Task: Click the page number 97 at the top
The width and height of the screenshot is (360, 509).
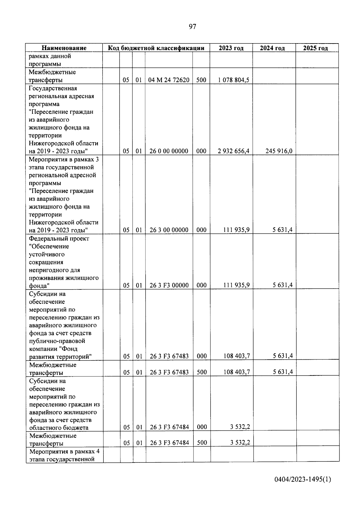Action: tap(192, 27)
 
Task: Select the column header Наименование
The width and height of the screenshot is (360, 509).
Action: tap(64, 48)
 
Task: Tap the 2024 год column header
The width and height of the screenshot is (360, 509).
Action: tap(272, 48)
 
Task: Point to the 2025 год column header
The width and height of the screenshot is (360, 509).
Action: tap(315, 48)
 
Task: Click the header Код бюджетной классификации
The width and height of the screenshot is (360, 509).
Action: tap(156, 48)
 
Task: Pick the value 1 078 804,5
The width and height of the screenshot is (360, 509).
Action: tap(234, 80)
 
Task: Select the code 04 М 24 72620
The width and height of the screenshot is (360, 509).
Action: tap(169, 80)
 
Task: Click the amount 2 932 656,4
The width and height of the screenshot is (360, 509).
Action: tap(234, 151)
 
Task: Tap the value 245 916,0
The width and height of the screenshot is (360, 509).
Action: tap(279, 151)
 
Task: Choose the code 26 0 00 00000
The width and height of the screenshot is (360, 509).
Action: tap(169, 151)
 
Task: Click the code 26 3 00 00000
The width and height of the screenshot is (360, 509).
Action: tap(169, 230)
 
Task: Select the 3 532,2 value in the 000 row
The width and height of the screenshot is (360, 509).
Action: tap(240, 427)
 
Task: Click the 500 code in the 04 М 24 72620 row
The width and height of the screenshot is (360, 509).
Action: tap(201, 80)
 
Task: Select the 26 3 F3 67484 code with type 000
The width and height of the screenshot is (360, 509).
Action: tap(169, 427)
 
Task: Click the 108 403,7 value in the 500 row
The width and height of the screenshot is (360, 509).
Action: tap(237, 372)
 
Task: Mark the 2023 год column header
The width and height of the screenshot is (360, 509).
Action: tap(231, 48)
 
